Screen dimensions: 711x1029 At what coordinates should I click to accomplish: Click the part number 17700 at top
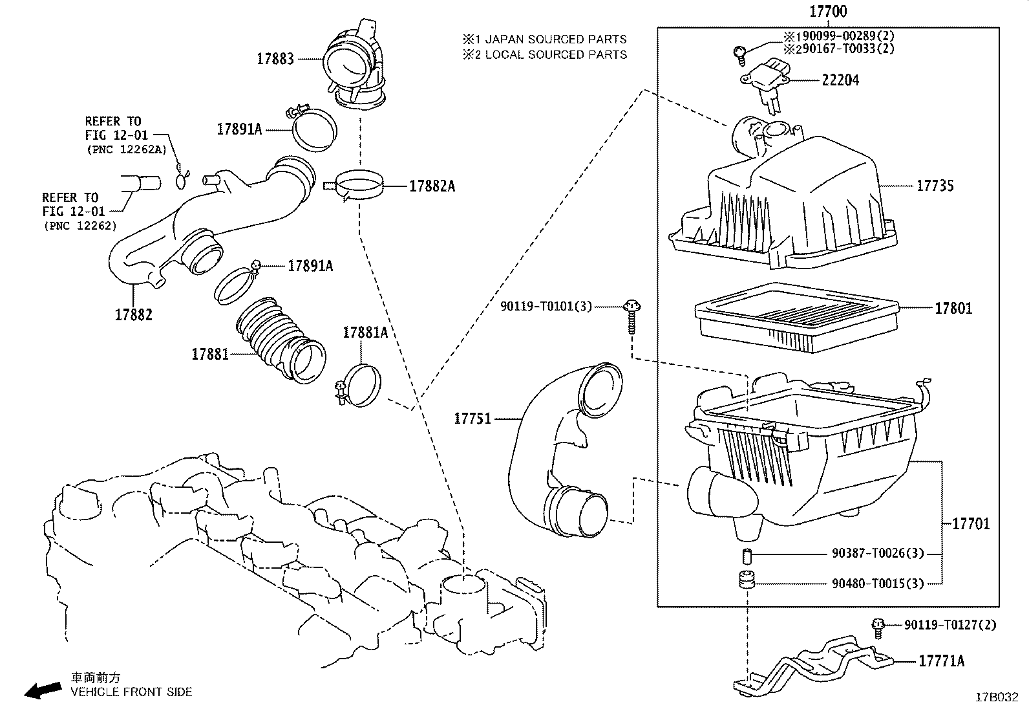tap(828, 12)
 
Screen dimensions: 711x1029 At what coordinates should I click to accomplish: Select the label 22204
tap(840, 80)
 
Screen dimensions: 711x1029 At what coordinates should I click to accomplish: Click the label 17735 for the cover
tap(935, 186)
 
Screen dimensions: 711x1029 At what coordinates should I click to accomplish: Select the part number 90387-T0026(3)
tap(877, 554)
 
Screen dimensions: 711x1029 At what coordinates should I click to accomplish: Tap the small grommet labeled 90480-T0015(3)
tap(747, 580)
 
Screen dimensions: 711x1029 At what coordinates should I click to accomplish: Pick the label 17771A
tap(941, 661)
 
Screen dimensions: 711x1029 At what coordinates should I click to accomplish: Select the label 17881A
tap(365, 333)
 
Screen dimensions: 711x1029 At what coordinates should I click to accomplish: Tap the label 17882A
tap(432, 186)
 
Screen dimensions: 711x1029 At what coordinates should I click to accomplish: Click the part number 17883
tap(275, 59)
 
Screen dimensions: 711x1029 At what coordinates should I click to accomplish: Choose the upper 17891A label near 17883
tap(239, 129)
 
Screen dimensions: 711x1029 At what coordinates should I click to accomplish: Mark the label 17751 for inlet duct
tap(472, 419)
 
